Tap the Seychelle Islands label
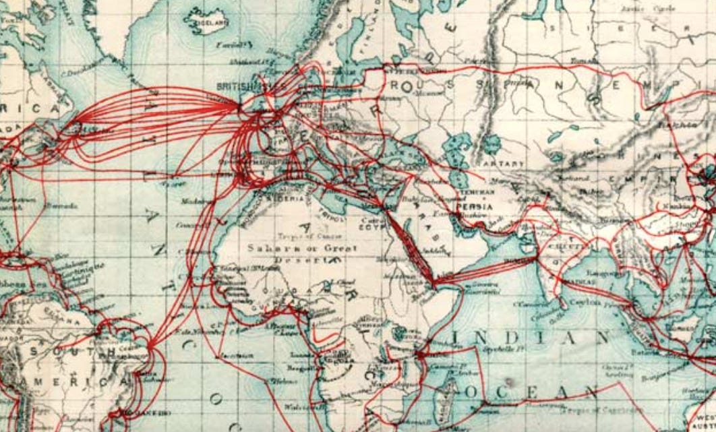[x=494, y=349]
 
